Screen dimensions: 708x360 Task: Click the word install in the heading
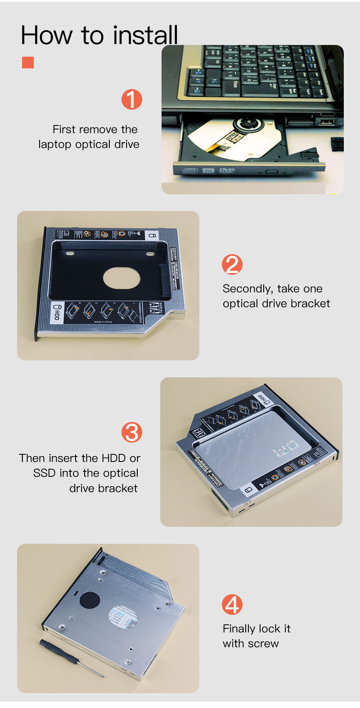click(x=145, y=35)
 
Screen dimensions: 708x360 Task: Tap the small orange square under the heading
click(x=28, y=63)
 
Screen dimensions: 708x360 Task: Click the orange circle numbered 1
click(x=131, y=99)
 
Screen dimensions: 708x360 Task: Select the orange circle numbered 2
click(x=232, y=264)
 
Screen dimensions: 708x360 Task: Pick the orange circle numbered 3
click(x=132, y=432)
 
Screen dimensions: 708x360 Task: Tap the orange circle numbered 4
click(x=232, y=605)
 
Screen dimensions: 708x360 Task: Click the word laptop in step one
click(x=54, y=145)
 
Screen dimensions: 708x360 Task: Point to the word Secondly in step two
click(x=247, y=289)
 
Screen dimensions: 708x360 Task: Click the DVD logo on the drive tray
click(x=226, y=170)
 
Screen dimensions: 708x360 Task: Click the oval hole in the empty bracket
click(x=121, y=278)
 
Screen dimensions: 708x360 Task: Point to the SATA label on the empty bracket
click(x=154, y=309)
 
